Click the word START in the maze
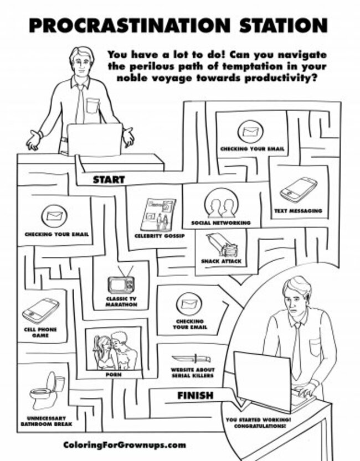pos(109,179)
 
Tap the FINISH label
pos(196,396)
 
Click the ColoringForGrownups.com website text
pos(125,445)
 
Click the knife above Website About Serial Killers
pos(191,359)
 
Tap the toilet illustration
pos(47,391)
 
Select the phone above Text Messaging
pos(298,190)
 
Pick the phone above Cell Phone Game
pos(40,311)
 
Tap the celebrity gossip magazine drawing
pos(158,215)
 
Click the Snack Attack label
pos(221,261)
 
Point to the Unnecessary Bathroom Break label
pos(47,421)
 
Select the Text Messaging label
pos(298,211)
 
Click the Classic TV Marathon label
pos(121,302)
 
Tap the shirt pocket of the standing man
pos(92,106)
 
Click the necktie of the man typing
pos(297,350)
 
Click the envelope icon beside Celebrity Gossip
pos(54,216)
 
